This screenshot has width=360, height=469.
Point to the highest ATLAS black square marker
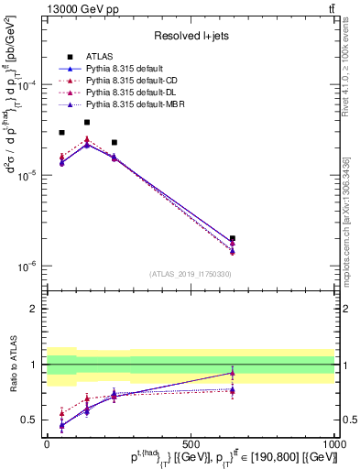(87, 122)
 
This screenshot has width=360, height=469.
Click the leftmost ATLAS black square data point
(61, 133)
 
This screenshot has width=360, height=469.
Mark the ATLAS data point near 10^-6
(233, 238)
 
